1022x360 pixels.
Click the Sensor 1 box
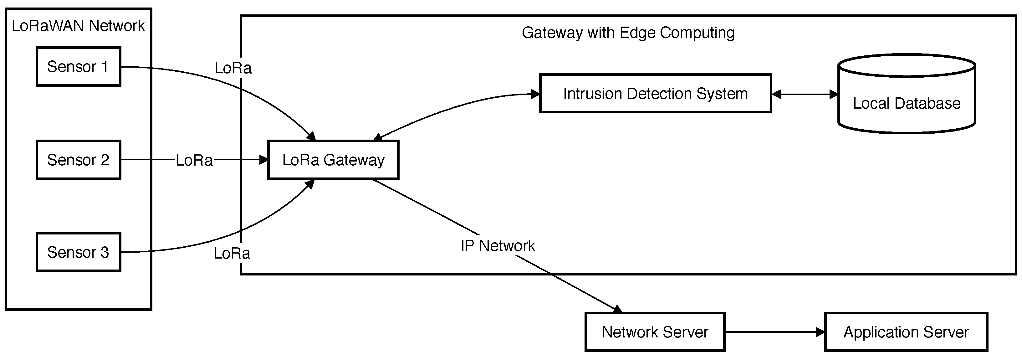coord(78,67)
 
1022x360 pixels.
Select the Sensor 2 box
coord(78,160)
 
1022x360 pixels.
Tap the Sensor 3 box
coord(78,252)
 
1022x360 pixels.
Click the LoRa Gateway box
coord(333,160)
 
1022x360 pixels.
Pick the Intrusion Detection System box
coord(655,94)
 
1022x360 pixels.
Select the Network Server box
coord(655,332)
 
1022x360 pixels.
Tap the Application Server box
coord(906,332)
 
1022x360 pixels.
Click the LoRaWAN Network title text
coord(78,26)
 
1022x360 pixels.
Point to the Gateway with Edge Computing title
coord(628,33)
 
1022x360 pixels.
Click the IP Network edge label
coord(498,246)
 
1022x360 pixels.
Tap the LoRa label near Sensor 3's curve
coord(232,253)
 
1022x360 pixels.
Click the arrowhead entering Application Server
coord(820,332)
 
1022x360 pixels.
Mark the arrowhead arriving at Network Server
coord(617,309)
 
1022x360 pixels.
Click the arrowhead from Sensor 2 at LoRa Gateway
coord(264,160)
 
